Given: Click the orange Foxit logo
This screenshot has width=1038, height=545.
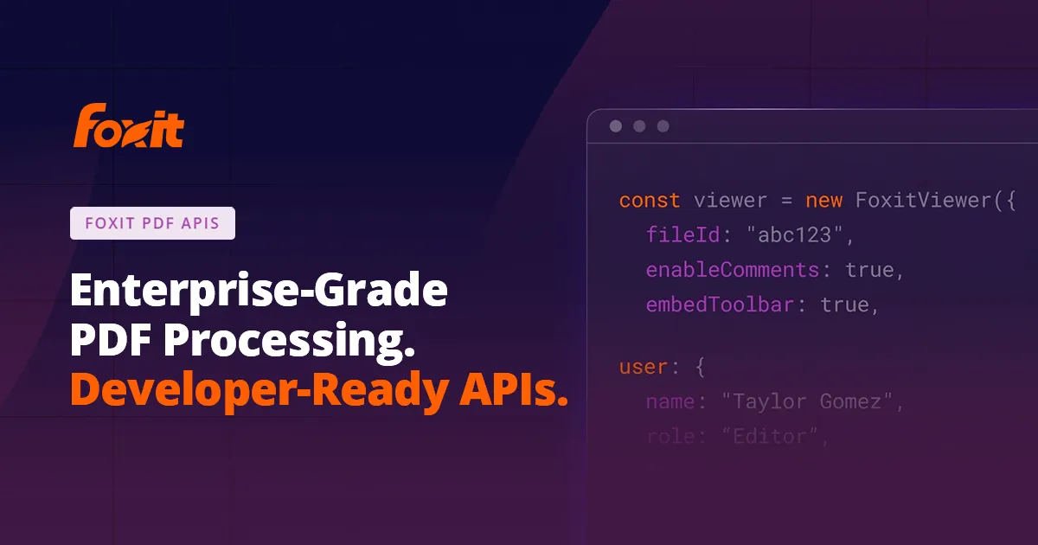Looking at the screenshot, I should [128, 126].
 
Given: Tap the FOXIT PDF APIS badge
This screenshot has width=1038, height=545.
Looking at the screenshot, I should [152, 223].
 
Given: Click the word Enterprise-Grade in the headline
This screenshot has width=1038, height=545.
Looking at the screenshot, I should [259, 292].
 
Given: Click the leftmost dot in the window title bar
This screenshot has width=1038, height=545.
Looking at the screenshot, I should [616, 126].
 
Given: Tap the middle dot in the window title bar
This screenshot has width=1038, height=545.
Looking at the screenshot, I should [639, 126].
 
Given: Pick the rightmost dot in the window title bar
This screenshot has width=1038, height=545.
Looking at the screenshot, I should [663, 126].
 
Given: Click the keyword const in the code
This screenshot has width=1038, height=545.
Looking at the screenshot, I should [650, 201].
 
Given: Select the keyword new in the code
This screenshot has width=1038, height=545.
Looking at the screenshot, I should [824, 201].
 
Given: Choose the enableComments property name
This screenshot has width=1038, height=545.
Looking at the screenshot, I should [732, 270].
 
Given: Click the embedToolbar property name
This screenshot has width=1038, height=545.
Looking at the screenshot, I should [720, 305].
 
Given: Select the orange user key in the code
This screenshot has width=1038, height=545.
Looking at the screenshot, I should [643, 367].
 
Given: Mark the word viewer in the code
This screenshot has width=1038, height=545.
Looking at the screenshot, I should [730, 201].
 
